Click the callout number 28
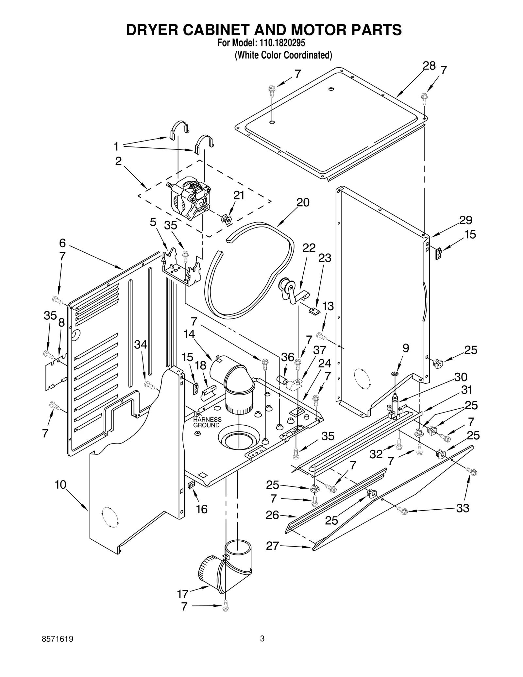(x=429, y=66)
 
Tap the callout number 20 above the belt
(x=303, y=202)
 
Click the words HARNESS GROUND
(x=207, y=422)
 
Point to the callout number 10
(x=60, y=484)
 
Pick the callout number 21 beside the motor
(x=239, y=195)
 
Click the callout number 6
(x=62, y=243)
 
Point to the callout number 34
(x=141, y=344)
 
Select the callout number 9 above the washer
(x=405, y=348)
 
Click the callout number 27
(x=272, y=546)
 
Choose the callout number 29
(x=465, y=220)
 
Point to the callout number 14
(x=189, y=334)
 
